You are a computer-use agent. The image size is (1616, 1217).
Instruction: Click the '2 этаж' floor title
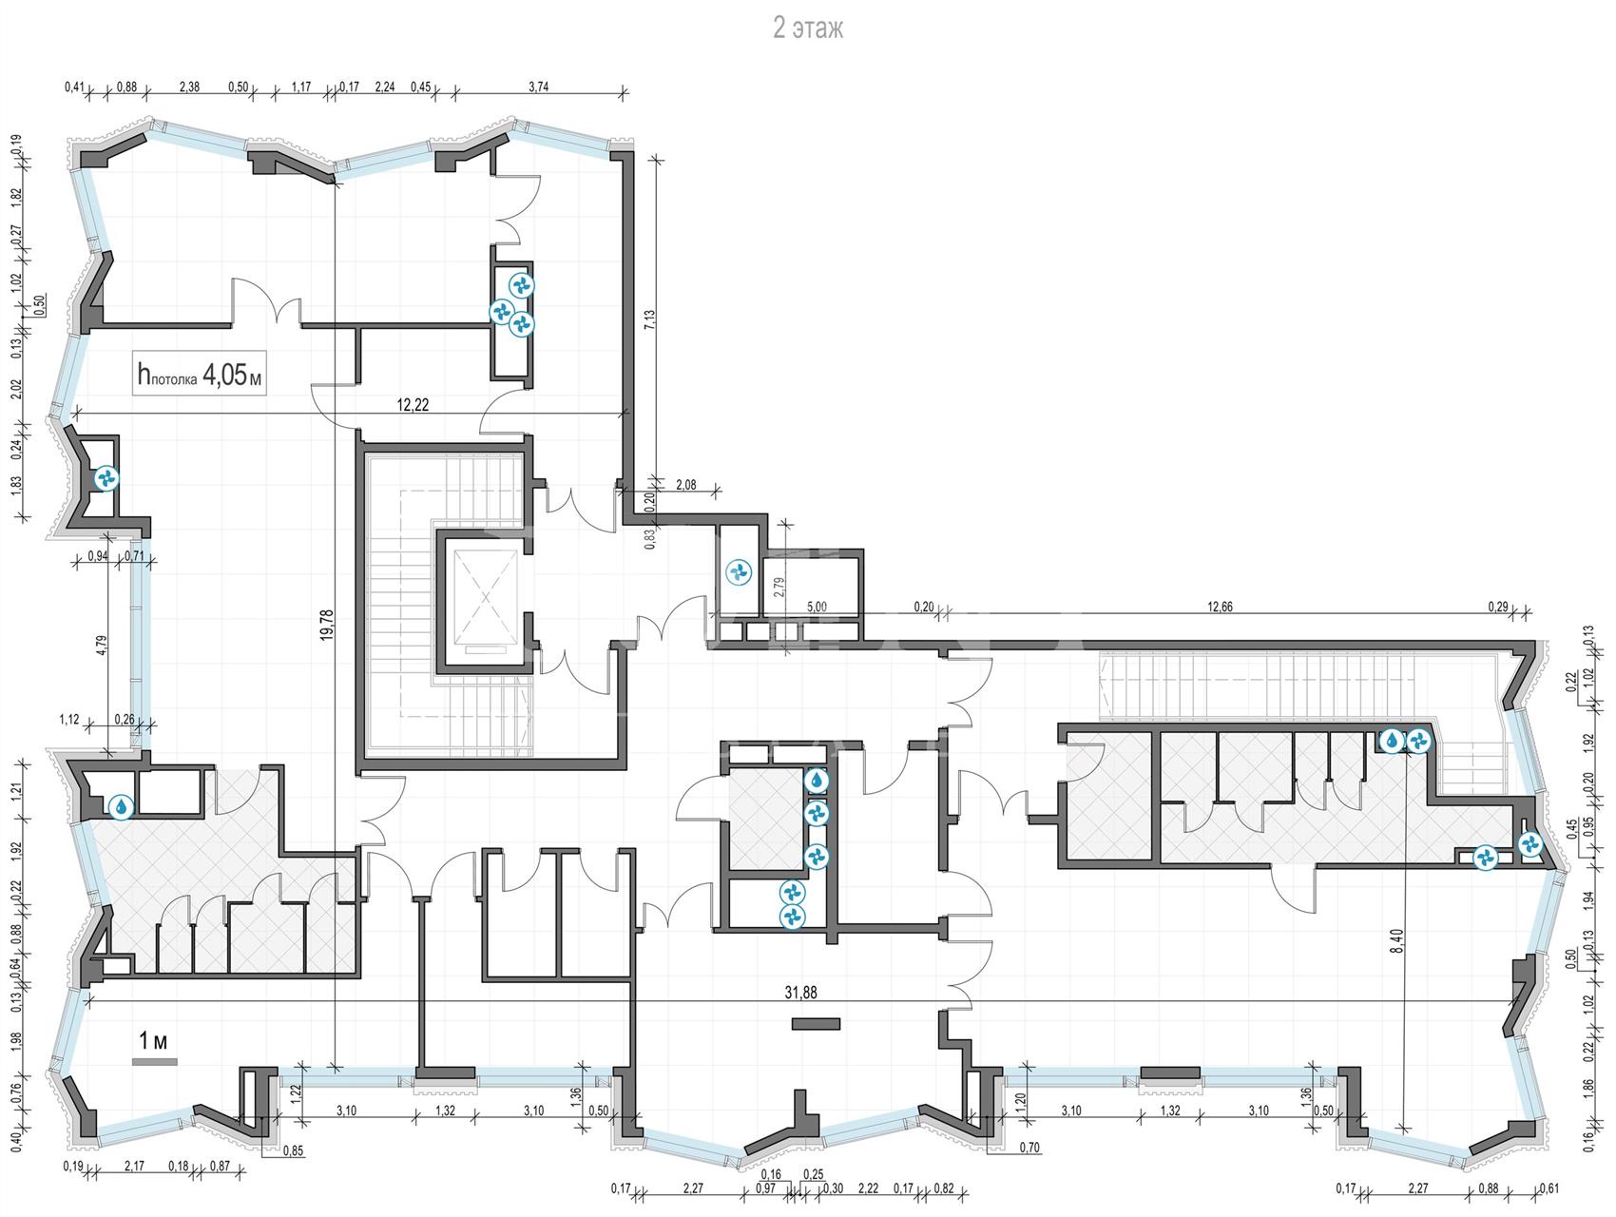click(807, 29)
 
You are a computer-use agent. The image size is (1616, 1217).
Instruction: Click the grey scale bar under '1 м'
click(154, 1061)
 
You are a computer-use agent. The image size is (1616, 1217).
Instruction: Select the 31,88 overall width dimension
click(800, 991)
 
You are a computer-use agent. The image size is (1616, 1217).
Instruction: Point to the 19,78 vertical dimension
click(327, 628)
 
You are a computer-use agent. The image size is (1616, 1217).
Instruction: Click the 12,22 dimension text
click(413, 404)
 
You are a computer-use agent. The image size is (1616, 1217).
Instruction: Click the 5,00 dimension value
click(817, 606)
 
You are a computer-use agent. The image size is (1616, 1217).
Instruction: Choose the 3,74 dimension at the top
click(538, 87)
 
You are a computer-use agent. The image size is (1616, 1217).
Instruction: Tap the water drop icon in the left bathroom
click(122, 806)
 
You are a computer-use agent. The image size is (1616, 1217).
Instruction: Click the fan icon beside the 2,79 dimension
click(738, 571)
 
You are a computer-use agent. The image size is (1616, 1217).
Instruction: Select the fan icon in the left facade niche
click(105, 478)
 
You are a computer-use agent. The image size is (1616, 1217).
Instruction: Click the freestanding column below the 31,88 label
click(816, 1024)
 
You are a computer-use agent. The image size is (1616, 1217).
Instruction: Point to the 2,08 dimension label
click(685, 485)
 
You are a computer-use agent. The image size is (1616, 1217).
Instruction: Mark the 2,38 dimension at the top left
click(189, 87)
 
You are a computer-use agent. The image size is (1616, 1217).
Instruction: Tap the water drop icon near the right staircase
click(1392, 740)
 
